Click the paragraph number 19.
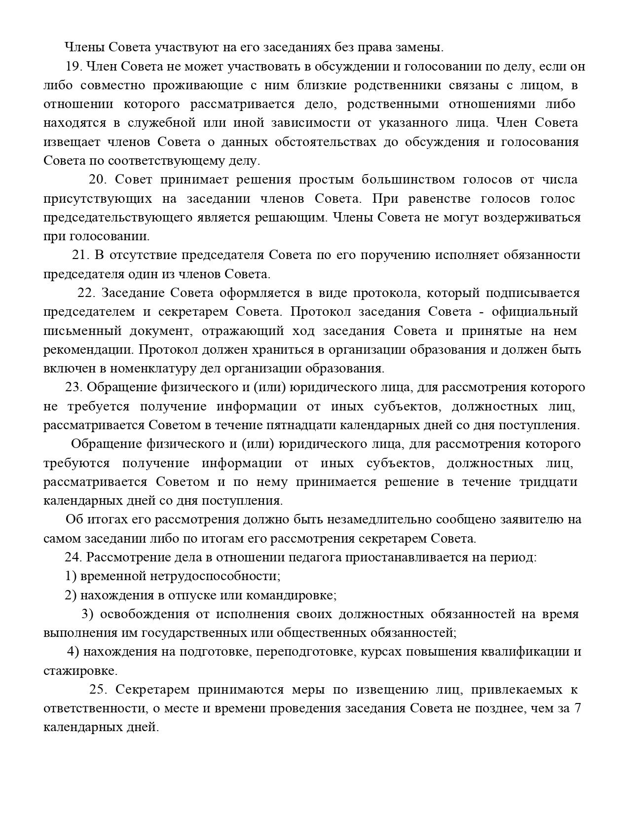click(73, 67)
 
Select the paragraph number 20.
click(97, 180)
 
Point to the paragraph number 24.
click(73, 557)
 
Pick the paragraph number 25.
click(97, 690)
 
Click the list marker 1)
click(71, 576)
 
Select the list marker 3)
click(87, 614)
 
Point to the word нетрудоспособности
click(214, 576)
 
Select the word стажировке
click(80, 671)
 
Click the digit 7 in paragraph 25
click(577, 708)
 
